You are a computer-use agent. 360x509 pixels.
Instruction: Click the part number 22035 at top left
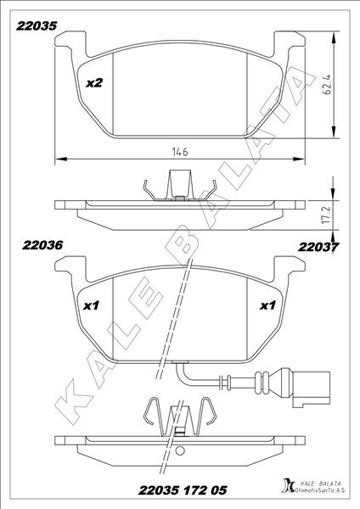pos(37,26)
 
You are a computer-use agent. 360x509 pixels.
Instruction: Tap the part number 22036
pos(42,245)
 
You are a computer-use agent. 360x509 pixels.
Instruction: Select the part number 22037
pos(318,247)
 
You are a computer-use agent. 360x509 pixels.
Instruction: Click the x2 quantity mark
pos(94,83)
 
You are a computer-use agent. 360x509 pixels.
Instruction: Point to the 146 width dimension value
pos(180,152)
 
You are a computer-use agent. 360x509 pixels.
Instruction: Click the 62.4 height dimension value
pos(327,84)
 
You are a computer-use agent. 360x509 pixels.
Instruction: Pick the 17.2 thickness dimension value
pos(327,214)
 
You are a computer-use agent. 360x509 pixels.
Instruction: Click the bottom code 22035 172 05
pos(183,489)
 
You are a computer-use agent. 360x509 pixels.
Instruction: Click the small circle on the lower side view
pos(179,451)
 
